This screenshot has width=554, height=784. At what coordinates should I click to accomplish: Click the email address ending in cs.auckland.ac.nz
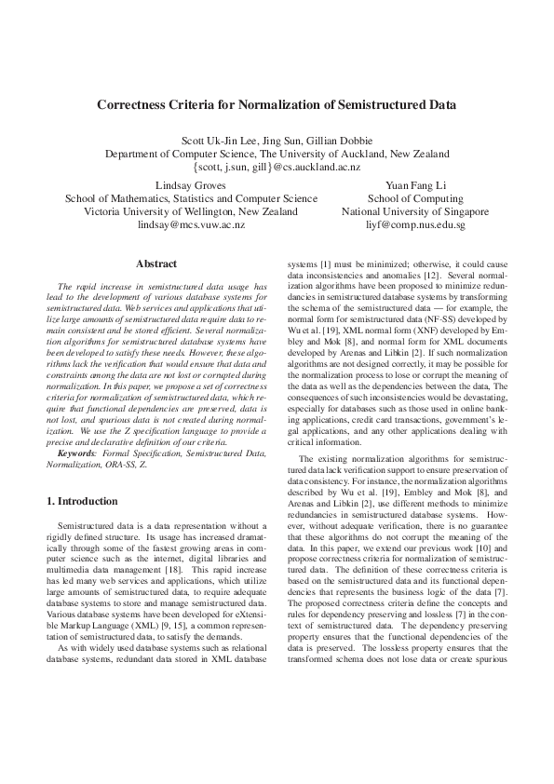[277, 167]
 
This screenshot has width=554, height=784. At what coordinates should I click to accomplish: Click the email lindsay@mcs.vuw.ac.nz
[191, 224]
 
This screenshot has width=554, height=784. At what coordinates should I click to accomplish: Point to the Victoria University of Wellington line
[191, 211]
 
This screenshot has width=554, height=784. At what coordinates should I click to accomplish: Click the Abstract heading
[155, 264]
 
